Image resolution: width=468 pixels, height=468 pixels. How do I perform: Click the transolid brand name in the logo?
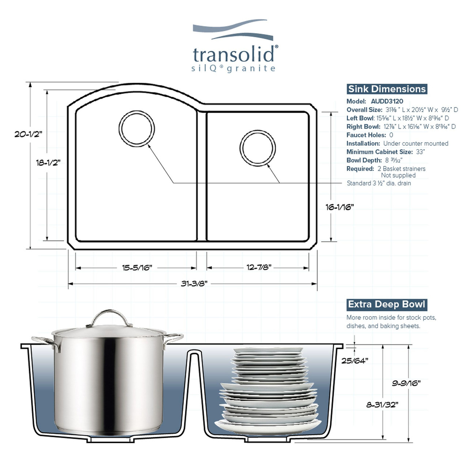(234, 55)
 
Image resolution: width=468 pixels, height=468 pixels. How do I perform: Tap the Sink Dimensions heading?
(387, 89)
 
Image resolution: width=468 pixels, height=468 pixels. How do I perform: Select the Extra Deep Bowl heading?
(386, 305)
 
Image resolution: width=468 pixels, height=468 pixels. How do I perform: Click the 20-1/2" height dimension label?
(28, 134)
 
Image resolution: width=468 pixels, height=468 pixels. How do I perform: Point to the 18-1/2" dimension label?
(48, 163)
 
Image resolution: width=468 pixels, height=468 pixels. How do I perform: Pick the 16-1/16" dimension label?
(340, 207)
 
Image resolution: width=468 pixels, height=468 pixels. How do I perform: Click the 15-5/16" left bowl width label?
(137, 268)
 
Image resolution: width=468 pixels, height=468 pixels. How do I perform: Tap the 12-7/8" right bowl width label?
(258, 268)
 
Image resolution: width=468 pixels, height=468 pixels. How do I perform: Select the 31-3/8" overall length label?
(194, 284)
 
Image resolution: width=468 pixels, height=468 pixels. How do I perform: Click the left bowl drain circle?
(137, 129)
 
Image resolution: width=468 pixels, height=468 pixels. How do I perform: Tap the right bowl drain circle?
(258, 148)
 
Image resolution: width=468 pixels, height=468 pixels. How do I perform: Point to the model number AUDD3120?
(387, 101)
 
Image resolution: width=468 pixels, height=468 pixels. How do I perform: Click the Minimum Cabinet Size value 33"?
(420, 152)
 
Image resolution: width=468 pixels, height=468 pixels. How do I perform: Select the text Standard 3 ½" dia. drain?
(379, 183)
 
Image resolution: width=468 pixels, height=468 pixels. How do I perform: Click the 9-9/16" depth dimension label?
(406, 383)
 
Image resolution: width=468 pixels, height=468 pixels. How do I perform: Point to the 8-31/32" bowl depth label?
(382, 405)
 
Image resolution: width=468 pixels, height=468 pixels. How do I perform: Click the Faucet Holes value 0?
(391, 135)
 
